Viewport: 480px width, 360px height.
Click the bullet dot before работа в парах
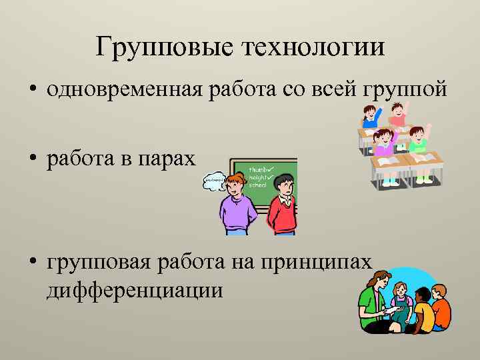(x=33, y=160)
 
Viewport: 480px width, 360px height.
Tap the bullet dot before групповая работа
(x=33, y=263)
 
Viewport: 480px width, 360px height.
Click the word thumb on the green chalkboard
(x=258, y=170)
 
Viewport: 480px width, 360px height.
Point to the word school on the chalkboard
(x=257, y=185)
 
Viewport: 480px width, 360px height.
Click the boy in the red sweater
(x=281, y=203)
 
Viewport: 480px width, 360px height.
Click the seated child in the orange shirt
(x=439, y=308)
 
